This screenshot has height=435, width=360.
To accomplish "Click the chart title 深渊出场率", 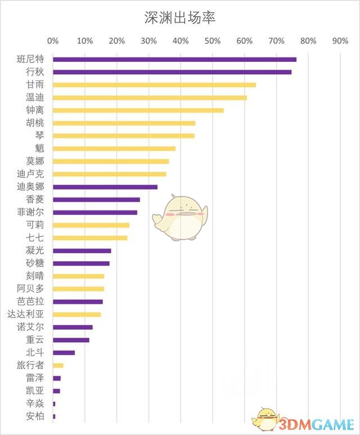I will [x=180, y=17].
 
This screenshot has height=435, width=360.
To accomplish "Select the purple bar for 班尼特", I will [x=174, y=59].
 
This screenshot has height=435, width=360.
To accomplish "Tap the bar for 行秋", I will [x=172, y=72].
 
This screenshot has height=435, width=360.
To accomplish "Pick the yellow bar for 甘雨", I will [x=154, y=85].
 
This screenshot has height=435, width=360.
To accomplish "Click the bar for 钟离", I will [x=138, y=110].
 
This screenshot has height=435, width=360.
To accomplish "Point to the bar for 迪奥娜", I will [x=105, y=187].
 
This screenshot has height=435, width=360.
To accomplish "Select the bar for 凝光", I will [x=82, y=250].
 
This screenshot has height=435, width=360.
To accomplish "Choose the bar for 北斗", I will [x=64, y=353].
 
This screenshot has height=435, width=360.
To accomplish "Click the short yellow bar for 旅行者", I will [x=58, y=365].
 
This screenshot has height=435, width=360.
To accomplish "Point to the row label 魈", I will [x=40, y=149].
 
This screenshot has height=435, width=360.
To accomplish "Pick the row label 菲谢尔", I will [x=31, y=212].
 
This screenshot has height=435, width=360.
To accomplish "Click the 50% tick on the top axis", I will [x=212, y=41].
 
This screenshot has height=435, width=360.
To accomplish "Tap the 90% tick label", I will [x=340, y=41].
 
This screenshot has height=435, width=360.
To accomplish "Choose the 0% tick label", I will [x=53, y=41].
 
